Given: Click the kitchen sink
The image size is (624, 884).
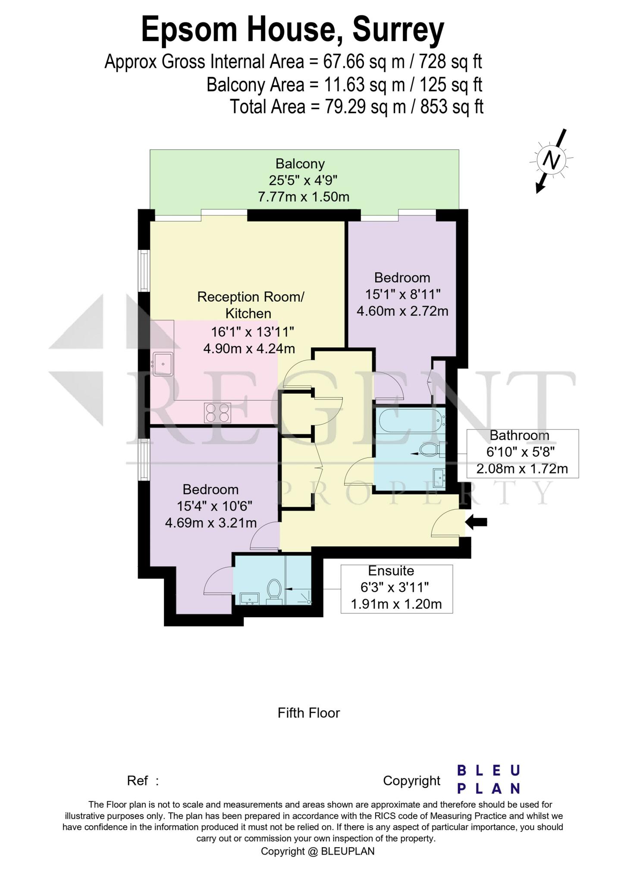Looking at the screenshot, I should pyautogui.click(x=163, y=364).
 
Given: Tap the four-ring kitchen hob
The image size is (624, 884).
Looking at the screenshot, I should pyautogui.click(x=217, y=412).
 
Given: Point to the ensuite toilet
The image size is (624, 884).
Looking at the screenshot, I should pyautogui.click(x=274, y=590).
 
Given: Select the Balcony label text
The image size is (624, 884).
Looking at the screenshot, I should pyautogui.click(x=300, y=164).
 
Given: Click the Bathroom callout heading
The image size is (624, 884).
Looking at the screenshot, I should pyautogui.click(x=519, y=436).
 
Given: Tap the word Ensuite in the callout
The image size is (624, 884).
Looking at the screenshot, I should pyautogui.click(x=391, y=571).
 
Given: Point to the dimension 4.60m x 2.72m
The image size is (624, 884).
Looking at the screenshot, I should pyautogui.click(x=402, y=311).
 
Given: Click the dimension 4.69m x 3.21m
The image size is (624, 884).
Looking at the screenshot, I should pyautogui.click(x=210, y=523).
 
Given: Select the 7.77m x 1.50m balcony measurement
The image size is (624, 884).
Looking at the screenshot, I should pyautogui.click(x=303, y=197).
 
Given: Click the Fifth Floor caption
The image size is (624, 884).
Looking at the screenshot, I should pyautogui.click(x=309, y=713).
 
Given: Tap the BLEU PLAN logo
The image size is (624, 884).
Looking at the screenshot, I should pyautogui.click(x=488, y=780).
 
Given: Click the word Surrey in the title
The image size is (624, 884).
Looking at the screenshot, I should pyautogui.click(x=398, y=30).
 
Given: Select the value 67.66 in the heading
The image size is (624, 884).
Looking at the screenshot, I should pyautogui.click(x=344, y=62).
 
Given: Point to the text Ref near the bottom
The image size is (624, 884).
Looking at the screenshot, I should pyautogui.click(x=138, y=780).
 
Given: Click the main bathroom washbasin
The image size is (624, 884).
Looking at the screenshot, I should pyautogui.click(x=440, y=476).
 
